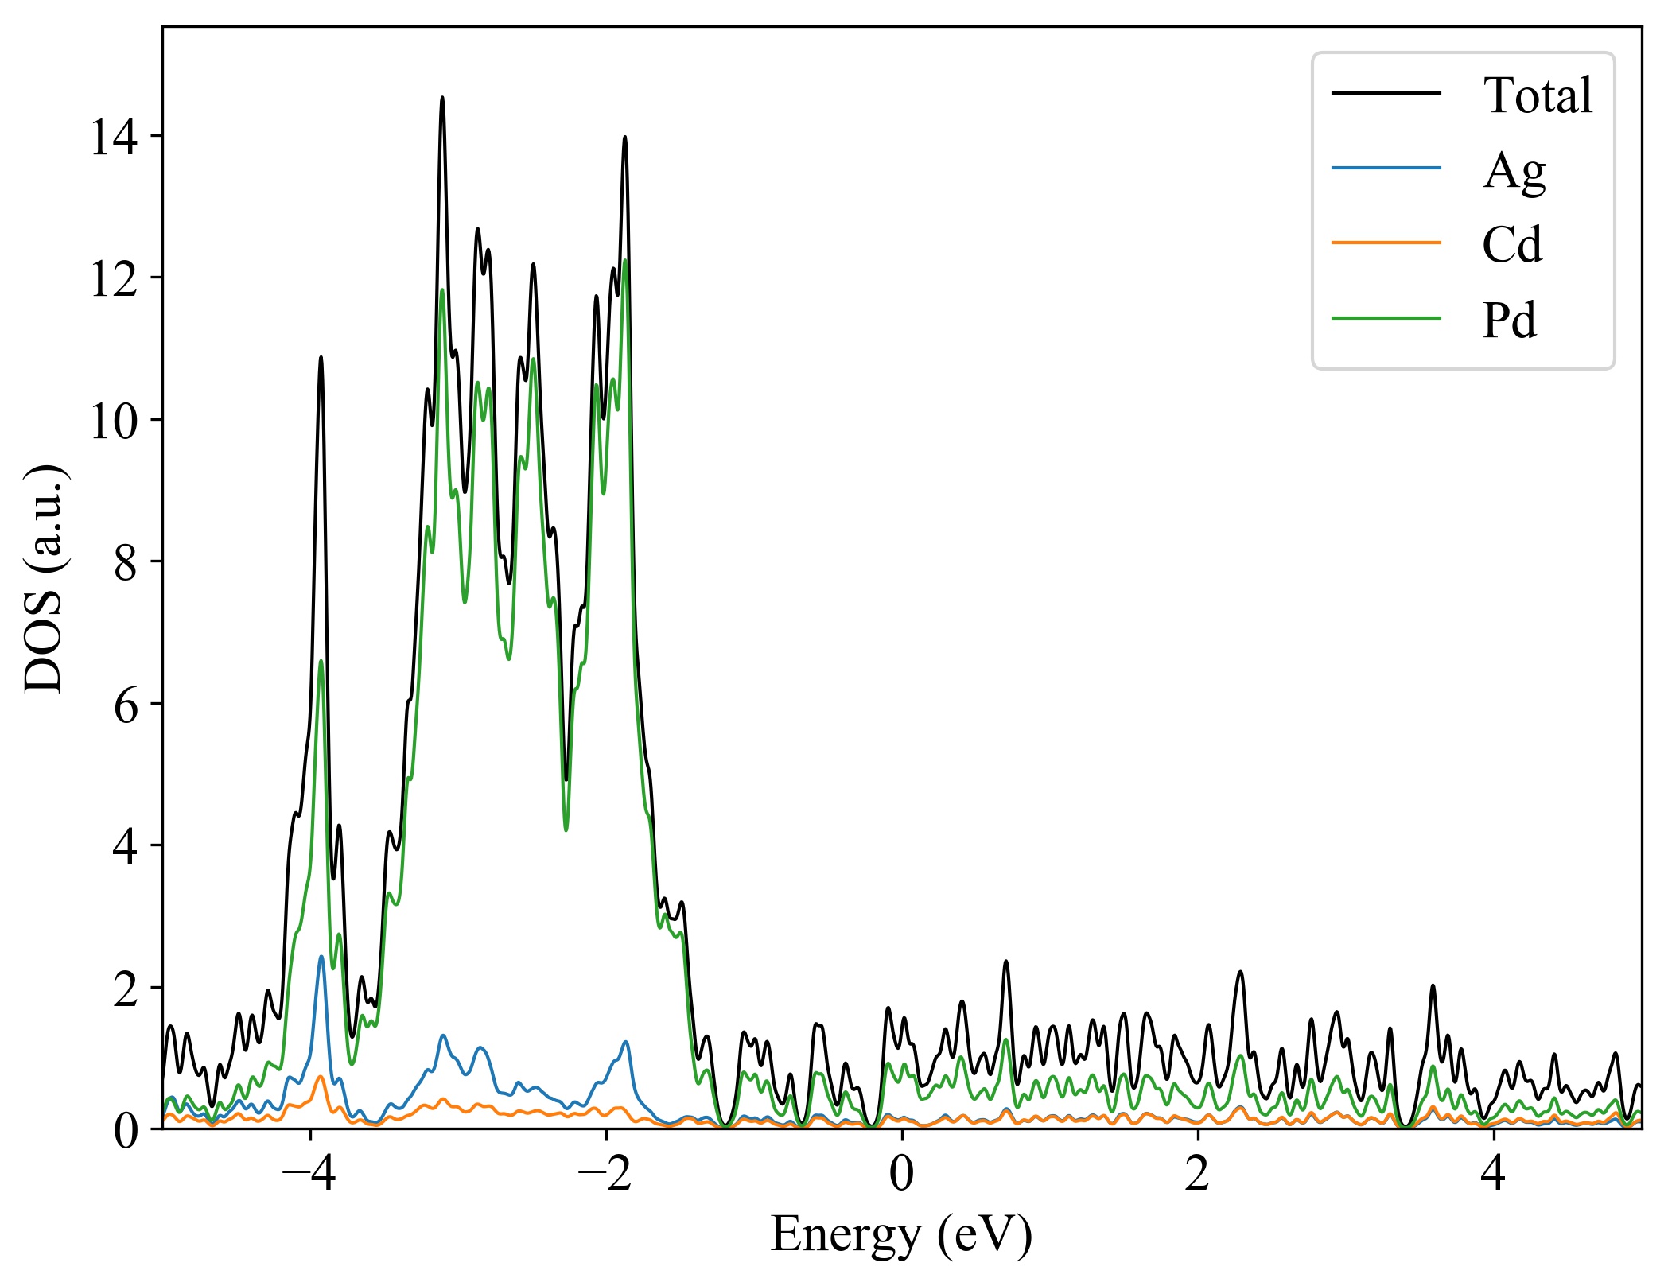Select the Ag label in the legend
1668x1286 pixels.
(1514, 170)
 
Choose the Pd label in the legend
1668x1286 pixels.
(1509, 320)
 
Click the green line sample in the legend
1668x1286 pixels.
(1386, 319)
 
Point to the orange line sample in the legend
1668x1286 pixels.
(1386, 243)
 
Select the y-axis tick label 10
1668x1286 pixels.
(113, 421)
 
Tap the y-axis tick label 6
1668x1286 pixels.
(126, 705)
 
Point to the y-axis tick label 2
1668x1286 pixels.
(126, 989)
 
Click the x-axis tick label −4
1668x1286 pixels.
(309, 1174)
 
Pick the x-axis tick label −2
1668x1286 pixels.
(605, 1174)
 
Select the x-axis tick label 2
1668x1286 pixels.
(1198, 1174)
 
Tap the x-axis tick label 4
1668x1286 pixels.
(1494, 1174)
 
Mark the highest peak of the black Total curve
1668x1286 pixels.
(442, 98)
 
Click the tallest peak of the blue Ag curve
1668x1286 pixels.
(321, 957)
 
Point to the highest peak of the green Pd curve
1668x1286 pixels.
(625, 261)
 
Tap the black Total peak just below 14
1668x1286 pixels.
(625, 138)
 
